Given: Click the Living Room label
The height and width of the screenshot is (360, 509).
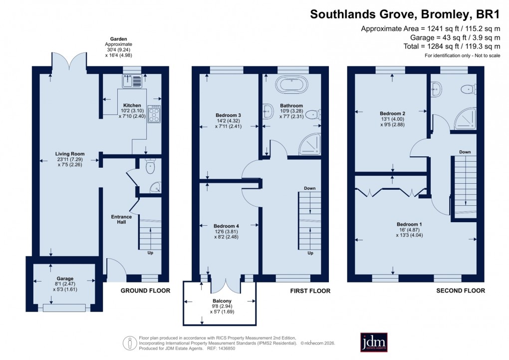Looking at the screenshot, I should coord(70,154).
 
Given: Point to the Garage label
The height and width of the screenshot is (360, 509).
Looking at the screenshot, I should coord(65,278).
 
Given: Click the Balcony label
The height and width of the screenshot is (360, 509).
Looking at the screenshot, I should coord(220,301).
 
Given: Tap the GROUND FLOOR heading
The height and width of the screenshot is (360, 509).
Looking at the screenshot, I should coord(145,291).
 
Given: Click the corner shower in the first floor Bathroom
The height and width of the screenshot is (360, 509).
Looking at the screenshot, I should coord(310,146).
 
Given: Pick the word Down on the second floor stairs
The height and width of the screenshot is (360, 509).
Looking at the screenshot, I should coord(465,152).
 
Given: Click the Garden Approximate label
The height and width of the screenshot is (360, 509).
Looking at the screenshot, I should coord(119,42).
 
